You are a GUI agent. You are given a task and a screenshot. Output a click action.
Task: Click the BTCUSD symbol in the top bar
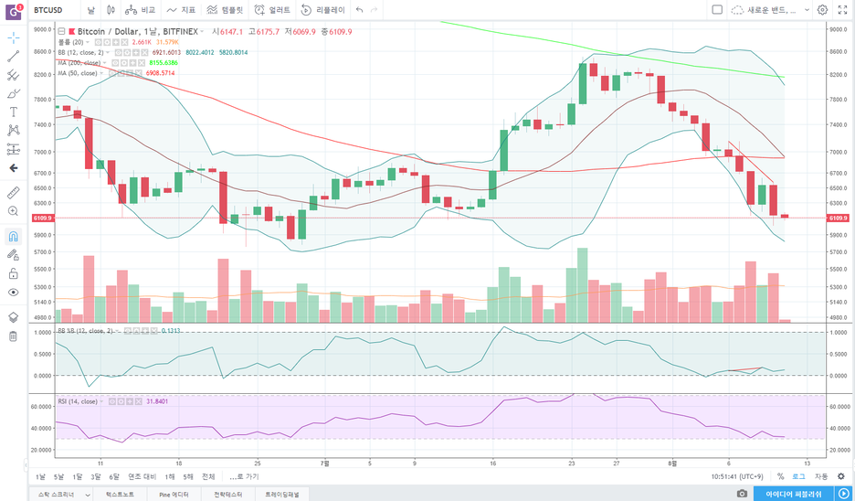[x=47, y=9]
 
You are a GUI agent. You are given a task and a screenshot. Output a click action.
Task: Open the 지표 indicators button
[x=182, y=9]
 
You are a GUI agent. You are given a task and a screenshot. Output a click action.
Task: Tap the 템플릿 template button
[x=225, y=9]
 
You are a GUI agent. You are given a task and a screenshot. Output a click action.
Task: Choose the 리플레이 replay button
[x=323, y=9]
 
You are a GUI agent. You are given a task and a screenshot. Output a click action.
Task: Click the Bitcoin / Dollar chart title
[x=115, y=31]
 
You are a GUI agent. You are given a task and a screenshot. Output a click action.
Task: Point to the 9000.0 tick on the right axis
[x=837, y=29]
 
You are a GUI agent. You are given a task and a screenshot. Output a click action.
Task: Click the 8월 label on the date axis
[x=672, y=463]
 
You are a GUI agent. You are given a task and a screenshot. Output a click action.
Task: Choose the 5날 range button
[x=58, y=476]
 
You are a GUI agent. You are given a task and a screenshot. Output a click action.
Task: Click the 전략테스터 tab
[x=227, y=494]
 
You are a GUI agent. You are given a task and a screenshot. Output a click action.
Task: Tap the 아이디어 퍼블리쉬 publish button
[x=793, y=494]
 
